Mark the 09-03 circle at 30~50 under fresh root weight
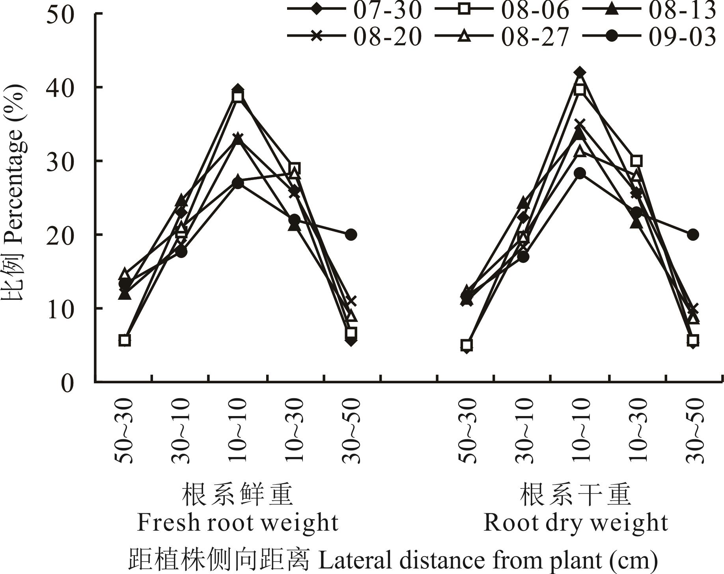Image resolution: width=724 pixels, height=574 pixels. [x=351, y=235]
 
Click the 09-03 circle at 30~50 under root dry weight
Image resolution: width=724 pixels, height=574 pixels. [x=693, y=235]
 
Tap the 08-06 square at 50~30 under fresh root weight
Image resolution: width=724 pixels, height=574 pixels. [x=125, y=340]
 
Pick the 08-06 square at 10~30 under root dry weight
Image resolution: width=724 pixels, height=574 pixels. [x=636, y=161]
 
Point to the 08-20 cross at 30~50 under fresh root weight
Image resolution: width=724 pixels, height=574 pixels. [x=351, y=301]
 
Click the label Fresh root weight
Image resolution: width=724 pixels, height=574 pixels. [x=237, y=523]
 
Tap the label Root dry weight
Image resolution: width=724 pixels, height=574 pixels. [x=576, y=523]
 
